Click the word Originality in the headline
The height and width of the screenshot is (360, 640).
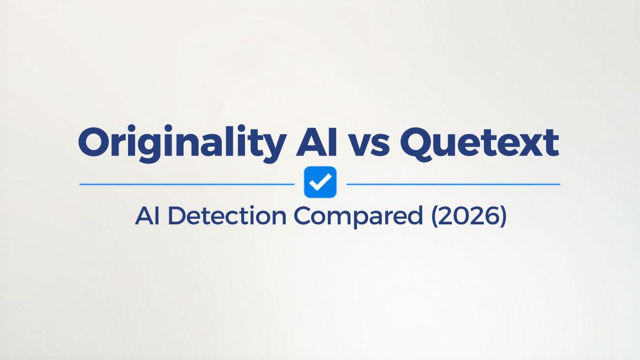point(182,143)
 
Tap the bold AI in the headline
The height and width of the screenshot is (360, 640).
point(317,142)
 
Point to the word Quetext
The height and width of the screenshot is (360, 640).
point(479,143)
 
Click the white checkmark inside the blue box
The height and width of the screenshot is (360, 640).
point(320,182)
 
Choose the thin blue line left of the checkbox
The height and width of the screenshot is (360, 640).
point(187,184)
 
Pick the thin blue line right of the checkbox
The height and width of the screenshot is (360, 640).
point(453,184)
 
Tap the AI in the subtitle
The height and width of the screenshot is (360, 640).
point(147,216)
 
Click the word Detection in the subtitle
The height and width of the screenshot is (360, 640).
point(227,216)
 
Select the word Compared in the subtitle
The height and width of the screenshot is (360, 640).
point(359,217)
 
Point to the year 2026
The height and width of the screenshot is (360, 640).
point(469,216)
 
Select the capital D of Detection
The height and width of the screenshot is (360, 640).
point(177,216)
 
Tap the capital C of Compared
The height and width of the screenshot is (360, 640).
point(303,216)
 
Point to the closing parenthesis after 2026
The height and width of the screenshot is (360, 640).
point(503,217)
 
